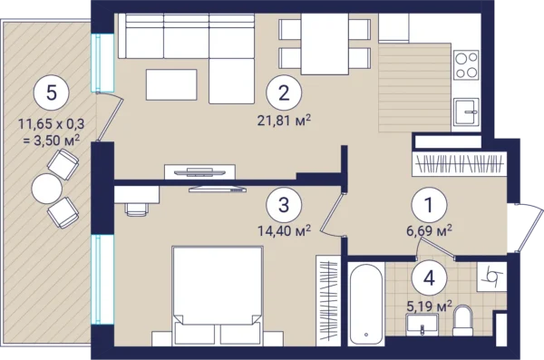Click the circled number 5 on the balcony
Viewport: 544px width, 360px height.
[x=52, y=92]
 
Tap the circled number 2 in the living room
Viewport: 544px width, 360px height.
[x=284, y=92]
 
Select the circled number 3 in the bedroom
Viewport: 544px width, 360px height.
[x=284, y=205]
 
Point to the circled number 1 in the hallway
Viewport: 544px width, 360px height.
[x=429, y=205]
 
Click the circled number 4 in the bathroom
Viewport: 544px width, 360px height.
[x=429, y=277]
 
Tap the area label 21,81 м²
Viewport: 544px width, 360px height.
[x=284, y=120]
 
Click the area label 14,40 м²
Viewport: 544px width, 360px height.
[x=284, y=230]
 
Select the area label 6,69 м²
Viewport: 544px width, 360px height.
[x=429, y=230]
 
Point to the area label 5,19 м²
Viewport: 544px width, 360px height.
[x=429, y=306]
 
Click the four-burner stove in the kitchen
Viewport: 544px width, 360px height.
[x=466, y=65]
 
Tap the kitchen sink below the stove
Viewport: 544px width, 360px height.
[x=466, y=112]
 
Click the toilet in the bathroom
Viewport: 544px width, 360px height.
[x=462, y=320]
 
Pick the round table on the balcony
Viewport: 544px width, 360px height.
[x=47, y=189]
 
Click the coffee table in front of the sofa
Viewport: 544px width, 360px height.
[x=171, y=84]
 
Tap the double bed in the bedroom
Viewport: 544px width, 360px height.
[x=218, y=296]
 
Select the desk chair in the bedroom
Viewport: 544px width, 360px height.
[x=137, y=209]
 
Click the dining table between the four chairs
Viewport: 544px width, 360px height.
[x=325, y=44]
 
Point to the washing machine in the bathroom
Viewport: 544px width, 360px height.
[x=492, y=277]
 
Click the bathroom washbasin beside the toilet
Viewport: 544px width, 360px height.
[x=422, y=325]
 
